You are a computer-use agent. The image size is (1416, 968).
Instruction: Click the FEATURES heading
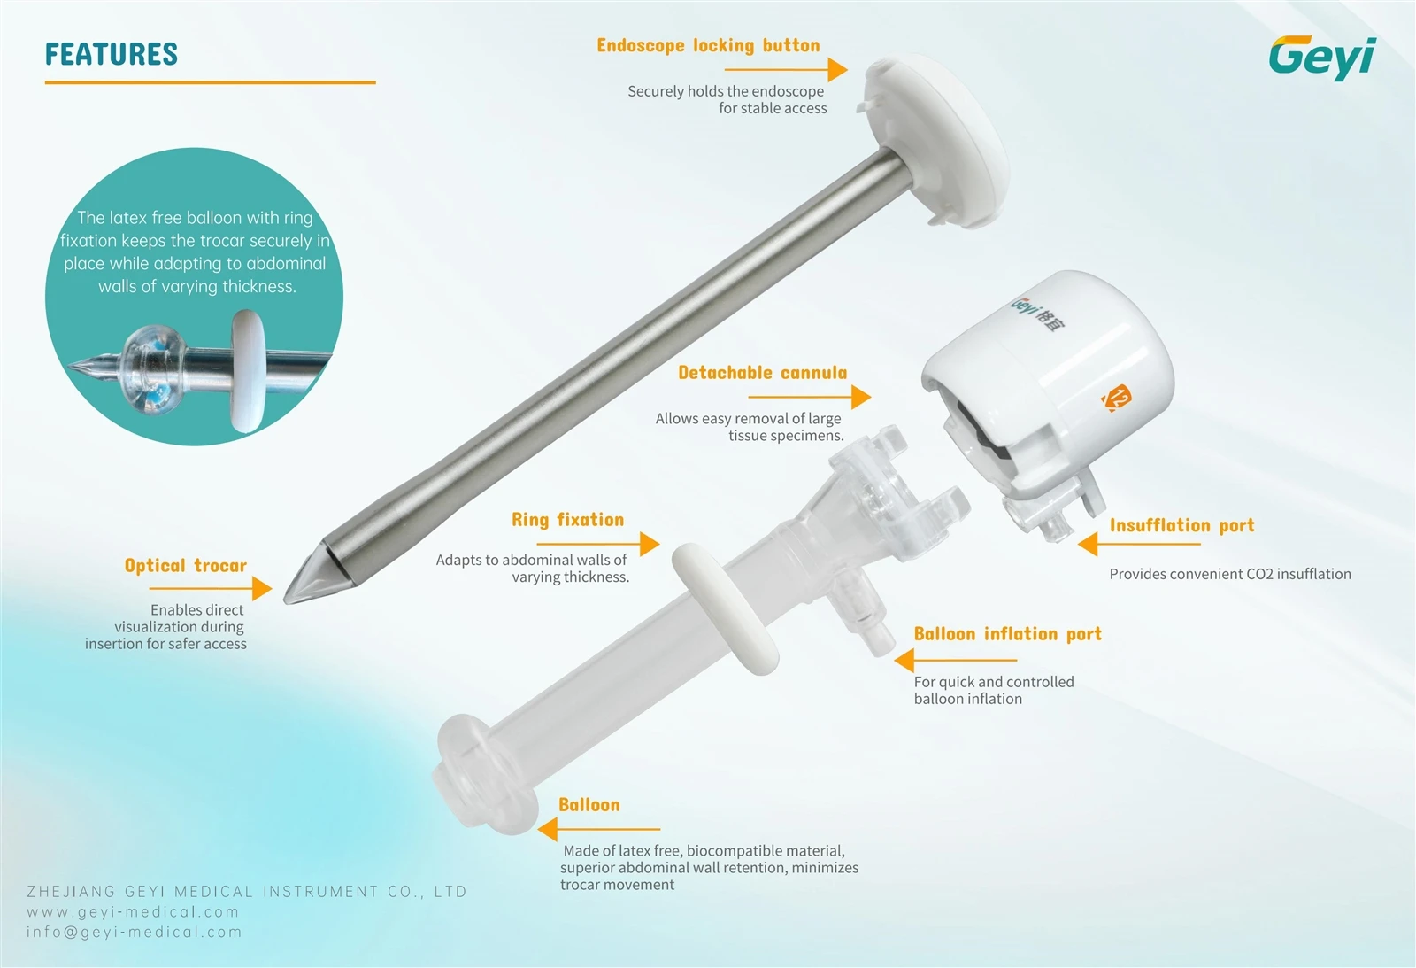(x=112, y=54)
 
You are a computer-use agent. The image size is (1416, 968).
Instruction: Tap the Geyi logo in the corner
(x=1322, y=58)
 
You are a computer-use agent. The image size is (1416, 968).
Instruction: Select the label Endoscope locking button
(x=708, y=45)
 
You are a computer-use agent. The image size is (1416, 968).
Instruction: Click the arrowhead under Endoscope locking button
(x=837, y=69)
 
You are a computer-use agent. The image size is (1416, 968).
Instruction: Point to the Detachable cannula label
(x=762, y=373)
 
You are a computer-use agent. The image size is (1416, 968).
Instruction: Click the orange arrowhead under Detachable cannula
(x=861, y=398)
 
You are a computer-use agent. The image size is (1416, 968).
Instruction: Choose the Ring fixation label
(x=567, y=520)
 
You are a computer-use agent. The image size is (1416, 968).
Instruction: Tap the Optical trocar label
(x=185, y=565)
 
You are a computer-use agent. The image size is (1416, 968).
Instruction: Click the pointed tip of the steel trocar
(x=285, y=601)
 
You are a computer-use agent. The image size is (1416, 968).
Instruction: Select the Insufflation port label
(x=1182, y=525)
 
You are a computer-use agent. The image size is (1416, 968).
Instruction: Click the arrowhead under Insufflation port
(x=1088, y=544)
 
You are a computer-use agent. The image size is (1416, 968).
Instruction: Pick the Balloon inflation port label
(x=1008, y=634)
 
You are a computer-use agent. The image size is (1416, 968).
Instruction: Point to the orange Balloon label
(x=589, y=805)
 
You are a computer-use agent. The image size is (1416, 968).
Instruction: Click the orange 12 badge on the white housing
(x=1116, y=398)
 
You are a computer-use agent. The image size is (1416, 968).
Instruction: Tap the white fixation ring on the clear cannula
(x=725, y=608)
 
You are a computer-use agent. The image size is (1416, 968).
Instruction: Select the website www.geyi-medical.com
(x=133, y=911)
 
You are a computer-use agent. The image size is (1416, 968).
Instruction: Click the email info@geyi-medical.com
(x=135, y=932)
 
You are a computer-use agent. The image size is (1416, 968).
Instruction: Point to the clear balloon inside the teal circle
(x=154, y=370)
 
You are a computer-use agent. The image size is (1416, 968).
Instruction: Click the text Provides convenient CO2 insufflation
(x=1230, y=574)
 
